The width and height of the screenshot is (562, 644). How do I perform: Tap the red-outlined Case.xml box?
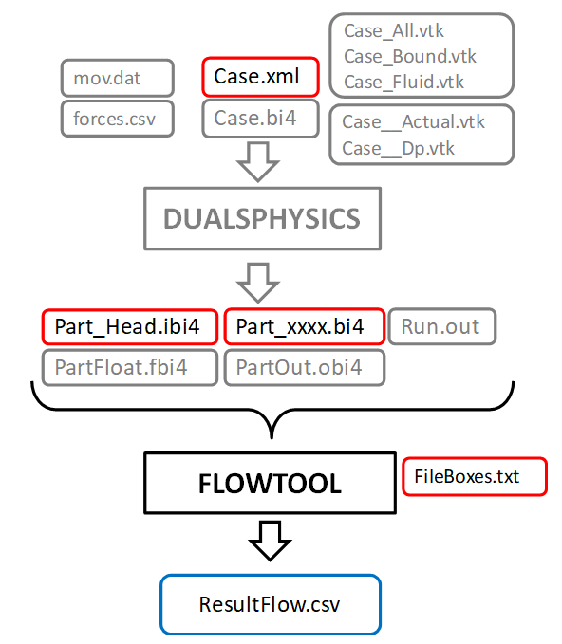pos(257,77)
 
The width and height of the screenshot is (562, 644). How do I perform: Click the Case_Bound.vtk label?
pos(410,57)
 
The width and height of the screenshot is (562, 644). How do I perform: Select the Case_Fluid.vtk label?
pos(404,82)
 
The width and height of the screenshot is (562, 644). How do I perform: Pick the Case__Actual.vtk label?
pos(413,121)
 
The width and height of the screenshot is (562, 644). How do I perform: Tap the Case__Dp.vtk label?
pos(399,148)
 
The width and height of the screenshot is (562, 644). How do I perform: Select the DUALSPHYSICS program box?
pos(261,219)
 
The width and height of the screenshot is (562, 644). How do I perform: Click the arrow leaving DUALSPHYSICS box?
pos(257,280)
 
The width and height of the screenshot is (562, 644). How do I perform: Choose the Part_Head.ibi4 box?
pos(127,327)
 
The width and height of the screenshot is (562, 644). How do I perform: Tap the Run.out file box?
pos(441,327)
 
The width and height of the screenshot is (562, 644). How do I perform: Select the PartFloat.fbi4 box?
pos(129,367)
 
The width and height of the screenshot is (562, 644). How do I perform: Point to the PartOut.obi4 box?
pos(304,367)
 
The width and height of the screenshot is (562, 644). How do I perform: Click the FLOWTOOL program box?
pos(269,484)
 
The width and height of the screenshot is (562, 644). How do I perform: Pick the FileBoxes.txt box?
pos(475,476)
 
